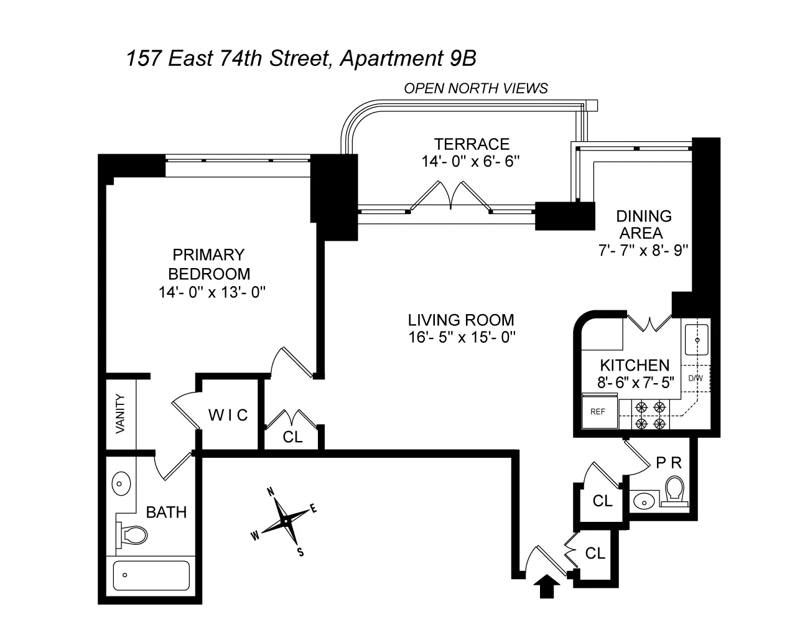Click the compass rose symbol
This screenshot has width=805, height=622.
(x=286, y=519)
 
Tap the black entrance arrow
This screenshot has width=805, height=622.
(x=546, y=586)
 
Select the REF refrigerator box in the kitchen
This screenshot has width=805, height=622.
(x=598, y=411)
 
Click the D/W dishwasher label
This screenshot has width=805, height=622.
(x=695, y=378)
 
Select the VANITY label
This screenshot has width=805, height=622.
(x=120, y=414)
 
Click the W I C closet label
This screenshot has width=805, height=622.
(x=228, y=415)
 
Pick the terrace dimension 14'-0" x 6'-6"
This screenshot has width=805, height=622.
(x=470, y=162)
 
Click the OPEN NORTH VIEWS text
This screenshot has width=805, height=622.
(x=476, y=88)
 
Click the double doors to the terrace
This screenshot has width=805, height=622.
(x=450, y=195)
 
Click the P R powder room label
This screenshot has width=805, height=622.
(x=669, y=463)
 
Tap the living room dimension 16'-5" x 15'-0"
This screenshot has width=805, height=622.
(x=460, y=337)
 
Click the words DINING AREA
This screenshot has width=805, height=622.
(x=643, y=225)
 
